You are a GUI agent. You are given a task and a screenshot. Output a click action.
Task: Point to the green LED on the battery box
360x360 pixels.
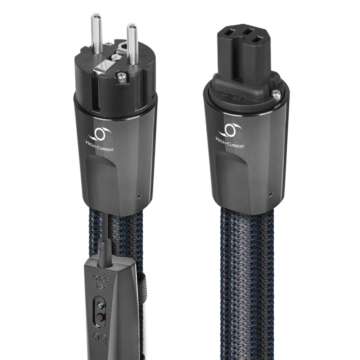coord(100,304)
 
